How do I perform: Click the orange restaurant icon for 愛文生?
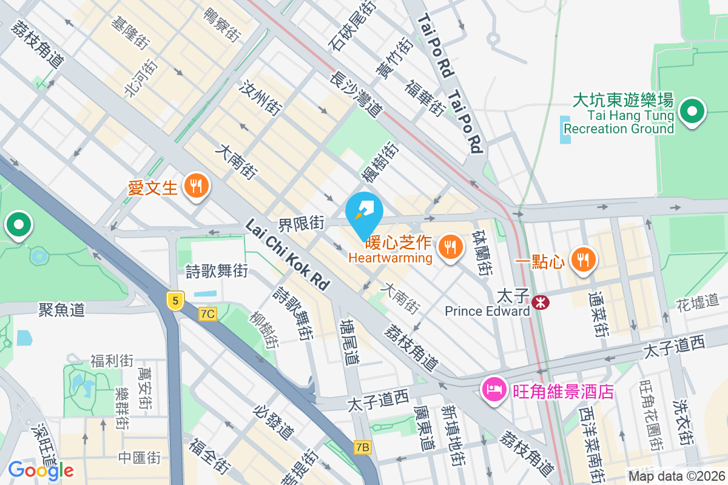195,186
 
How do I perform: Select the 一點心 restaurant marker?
583,260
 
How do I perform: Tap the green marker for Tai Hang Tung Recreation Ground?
692,112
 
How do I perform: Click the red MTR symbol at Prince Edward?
540,301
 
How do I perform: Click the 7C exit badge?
207,313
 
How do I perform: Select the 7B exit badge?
362,447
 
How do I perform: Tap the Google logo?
41,470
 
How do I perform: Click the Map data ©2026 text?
676,476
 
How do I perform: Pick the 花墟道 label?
697,303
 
